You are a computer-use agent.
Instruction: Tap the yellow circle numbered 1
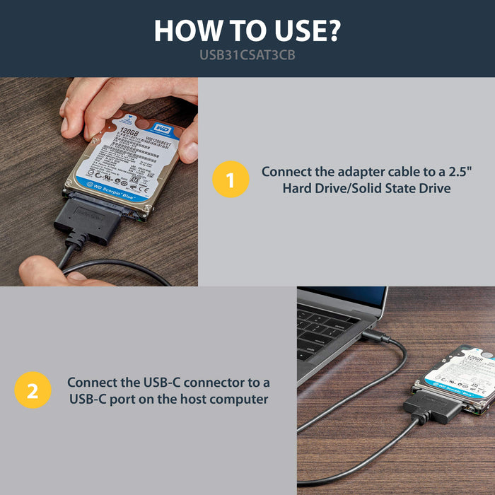pyautogui.click(x=231, y=180)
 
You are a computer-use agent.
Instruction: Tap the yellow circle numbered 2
pyautogui.click(x=33, y=390)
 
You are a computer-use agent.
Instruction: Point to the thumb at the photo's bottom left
pyautogui.click(x=39, y=272)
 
